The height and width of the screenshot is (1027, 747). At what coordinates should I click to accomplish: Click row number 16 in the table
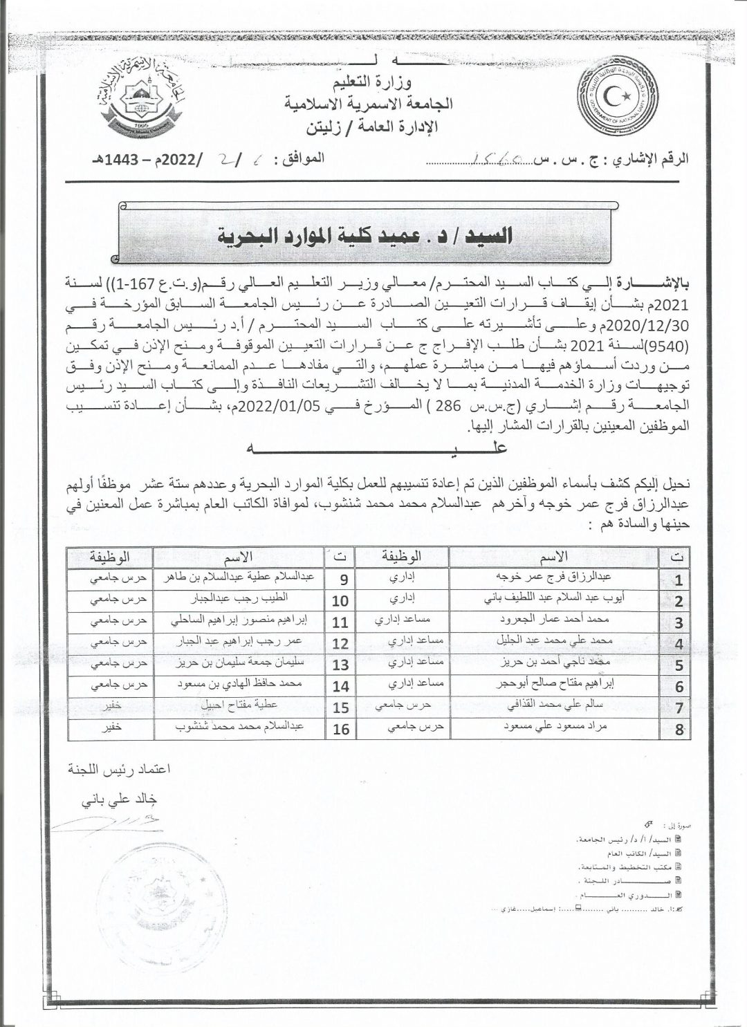coord(341,729)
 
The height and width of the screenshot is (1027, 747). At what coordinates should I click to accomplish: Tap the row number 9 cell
coord(341,578)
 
